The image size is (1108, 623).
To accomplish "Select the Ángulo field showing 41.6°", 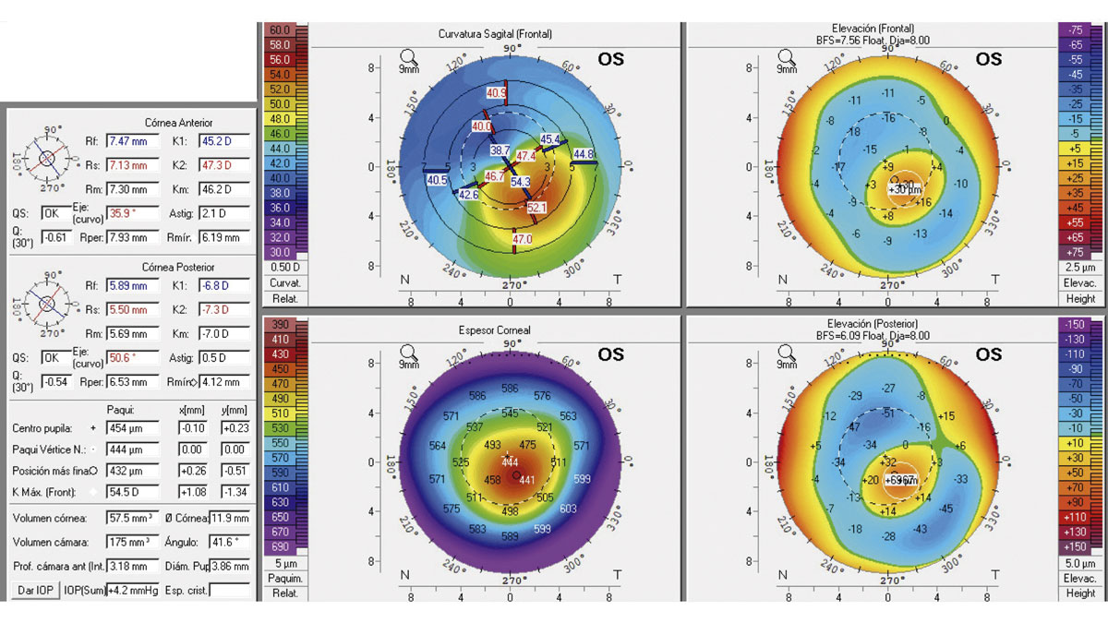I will (x=231, y=541).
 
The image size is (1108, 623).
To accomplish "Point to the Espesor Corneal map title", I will (x=510, y=329).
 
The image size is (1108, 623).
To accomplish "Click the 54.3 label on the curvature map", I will (x=520, y=183).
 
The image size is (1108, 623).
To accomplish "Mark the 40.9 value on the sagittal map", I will (x=497, y=93).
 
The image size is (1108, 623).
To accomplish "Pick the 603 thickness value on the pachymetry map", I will (x=568, y=509).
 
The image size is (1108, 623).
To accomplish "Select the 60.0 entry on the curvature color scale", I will (x=280, y=30).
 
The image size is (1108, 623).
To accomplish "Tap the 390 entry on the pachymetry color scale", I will (x=280, y=325).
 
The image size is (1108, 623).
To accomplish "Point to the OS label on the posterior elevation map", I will (x=988, y=354).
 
